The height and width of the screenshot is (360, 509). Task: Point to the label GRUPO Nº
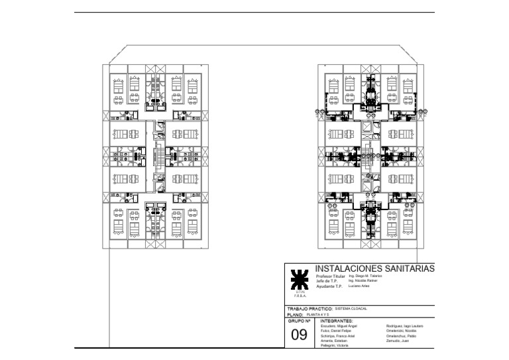tap(299, 320)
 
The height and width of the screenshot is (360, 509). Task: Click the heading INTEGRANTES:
tap(337, 320)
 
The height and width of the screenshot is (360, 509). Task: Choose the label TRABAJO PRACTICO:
tap(309, 309)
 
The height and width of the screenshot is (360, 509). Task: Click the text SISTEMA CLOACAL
tap(351, 309)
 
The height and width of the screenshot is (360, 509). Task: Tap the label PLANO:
tap(295, 315)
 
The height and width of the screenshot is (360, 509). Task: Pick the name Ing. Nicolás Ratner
tap(362, 281)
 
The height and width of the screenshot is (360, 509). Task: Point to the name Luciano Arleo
tap(359, 286)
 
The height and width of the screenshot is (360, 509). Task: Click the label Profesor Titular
tap(331, 276)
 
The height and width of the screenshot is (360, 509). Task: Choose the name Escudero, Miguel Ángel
tap(337, 326)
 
